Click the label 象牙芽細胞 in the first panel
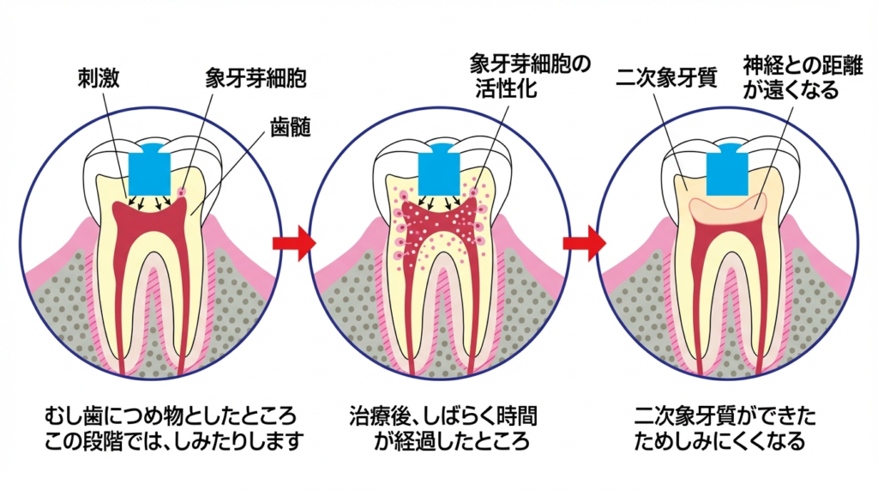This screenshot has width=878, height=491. coord(256,79)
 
